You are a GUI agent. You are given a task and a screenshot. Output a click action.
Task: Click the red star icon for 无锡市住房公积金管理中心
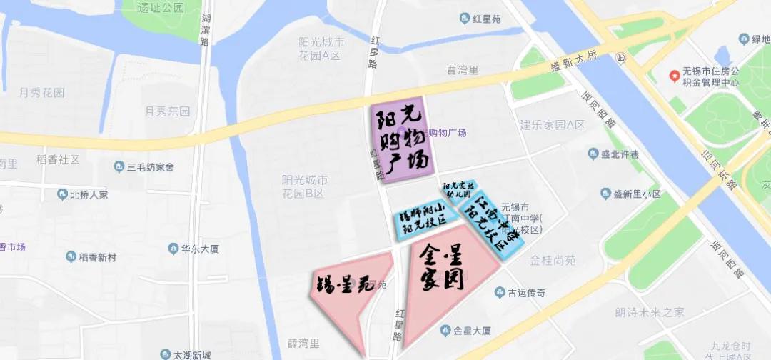pos(672,75)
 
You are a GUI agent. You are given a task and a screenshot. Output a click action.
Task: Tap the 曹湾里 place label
pos(463,70)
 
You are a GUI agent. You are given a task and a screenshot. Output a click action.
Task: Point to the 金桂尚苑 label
pos(553,261)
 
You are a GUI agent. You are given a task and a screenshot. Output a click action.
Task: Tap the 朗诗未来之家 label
pos(649,312)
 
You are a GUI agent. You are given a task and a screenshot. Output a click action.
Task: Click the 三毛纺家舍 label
pos(150,168)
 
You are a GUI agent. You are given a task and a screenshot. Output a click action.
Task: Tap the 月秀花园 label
pos(41,93)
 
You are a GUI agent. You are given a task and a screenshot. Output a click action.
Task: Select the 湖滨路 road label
pos(206,32)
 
